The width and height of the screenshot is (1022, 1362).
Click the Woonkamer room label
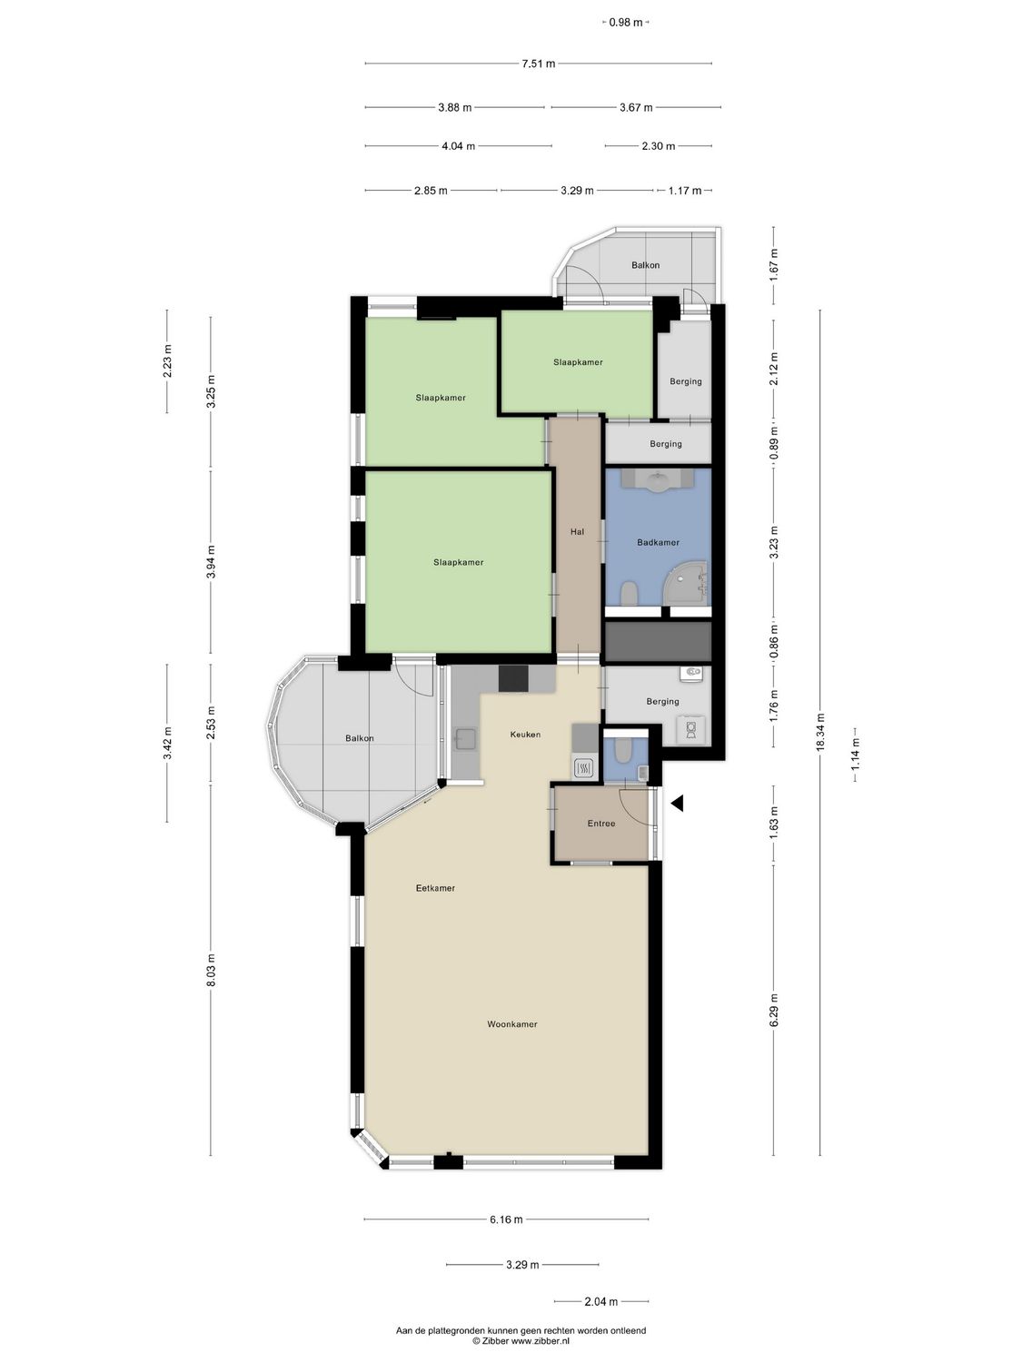511,1024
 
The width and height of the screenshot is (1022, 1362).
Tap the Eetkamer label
435,888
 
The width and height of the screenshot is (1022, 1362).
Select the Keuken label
525,735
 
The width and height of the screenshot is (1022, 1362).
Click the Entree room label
601,824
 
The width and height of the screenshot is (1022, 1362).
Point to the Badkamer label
658,543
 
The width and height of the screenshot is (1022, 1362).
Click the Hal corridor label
577,532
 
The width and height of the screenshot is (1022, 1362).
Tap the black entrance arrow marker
677,803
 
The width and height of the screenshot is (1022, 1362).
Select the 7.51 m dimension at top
538,64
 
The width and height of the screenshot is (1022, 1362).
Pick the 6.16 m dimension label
506,1219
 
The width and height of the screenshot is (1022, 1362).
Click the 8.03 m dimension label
211,970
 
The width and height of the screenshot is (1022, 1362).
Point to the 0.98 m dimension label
626,23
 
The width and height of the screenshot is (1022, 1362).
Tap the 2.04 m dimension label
600,1301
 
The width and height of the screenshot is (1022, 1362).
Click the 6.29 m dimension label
774,1010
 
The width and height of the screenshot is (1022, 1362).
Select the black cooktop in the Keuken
513,678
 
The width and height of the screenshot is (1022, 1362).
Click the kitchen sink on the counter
465,740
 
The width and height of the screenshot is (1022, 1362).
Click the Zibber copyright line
521,1340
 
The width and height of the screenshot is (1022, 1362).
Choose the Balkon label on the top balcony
645,265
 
